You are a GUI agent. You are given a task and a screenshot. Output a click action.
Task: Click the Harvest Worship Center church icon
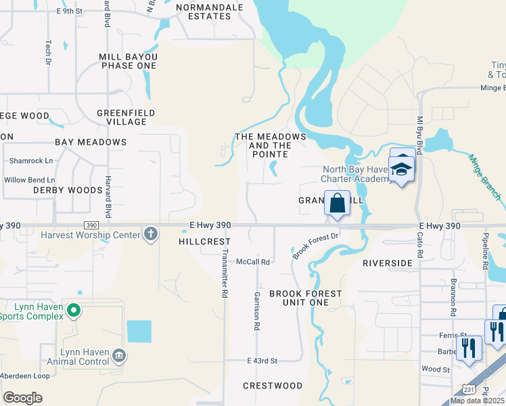150,235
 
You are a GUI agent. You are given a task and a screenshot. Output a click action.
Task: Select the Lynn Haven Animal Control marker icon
118,355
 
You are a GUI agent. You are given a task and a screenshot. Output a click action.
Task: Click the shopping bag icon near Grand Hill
336,203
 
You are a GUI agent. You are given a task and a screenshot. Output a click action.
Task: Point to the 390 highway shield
91,225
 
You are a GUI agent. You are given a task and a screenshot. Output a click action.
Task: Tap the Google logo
22,398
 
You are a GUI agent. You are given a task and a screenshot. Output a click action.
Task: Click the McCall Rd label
253,261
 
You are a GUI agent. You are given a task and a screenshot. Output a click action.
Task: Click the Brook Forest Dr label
315,246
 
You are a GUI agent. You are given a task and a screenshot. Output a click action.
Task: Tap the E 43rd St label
262,361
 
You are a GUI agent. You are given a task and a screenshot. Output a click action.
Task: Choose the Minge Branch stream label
485,176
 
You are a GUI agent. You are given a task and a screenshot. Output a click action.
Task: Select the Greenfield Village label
127,117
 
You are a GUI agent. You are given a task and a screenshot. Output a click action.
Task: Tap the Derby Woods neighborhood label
68,190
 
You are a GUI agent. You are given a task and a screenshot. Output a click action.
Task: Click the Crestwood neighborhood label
273,386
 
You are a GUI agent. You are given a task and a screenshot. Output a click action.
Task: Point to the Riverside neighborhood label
388,263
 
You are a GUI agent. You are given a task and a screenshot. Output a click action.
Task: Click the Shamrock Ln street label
30,161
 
